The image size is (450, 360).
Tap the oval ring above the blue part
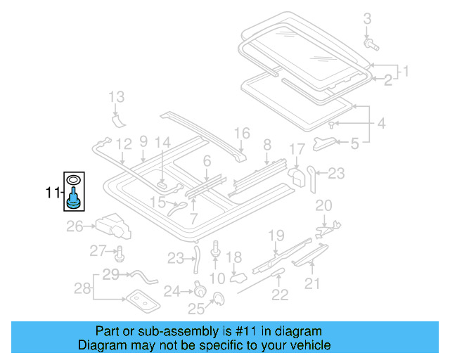pos(72,181)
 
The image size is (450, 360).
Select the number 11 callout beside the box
pos(53,191)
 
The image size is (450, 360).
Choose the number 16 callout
pos(242,133)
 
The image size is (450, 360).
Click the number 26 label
pos(75,226)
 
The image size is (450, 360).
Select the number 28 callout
pos(83,288)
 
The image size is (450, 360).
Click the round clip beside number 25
pos(217,300)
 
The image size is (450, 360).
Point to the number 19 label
pos(276,235)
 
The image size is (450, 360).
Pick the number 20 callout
pos(323,205)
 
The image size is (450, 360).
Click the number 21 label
pos(311,283)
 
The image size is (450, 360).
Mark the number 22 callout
pos(280,295)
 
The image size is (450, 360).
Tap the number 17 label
pos(297,149)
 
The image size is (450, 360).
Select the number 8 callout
pos(267,145)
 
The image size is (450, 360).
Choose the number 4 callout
pos(380,124)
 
